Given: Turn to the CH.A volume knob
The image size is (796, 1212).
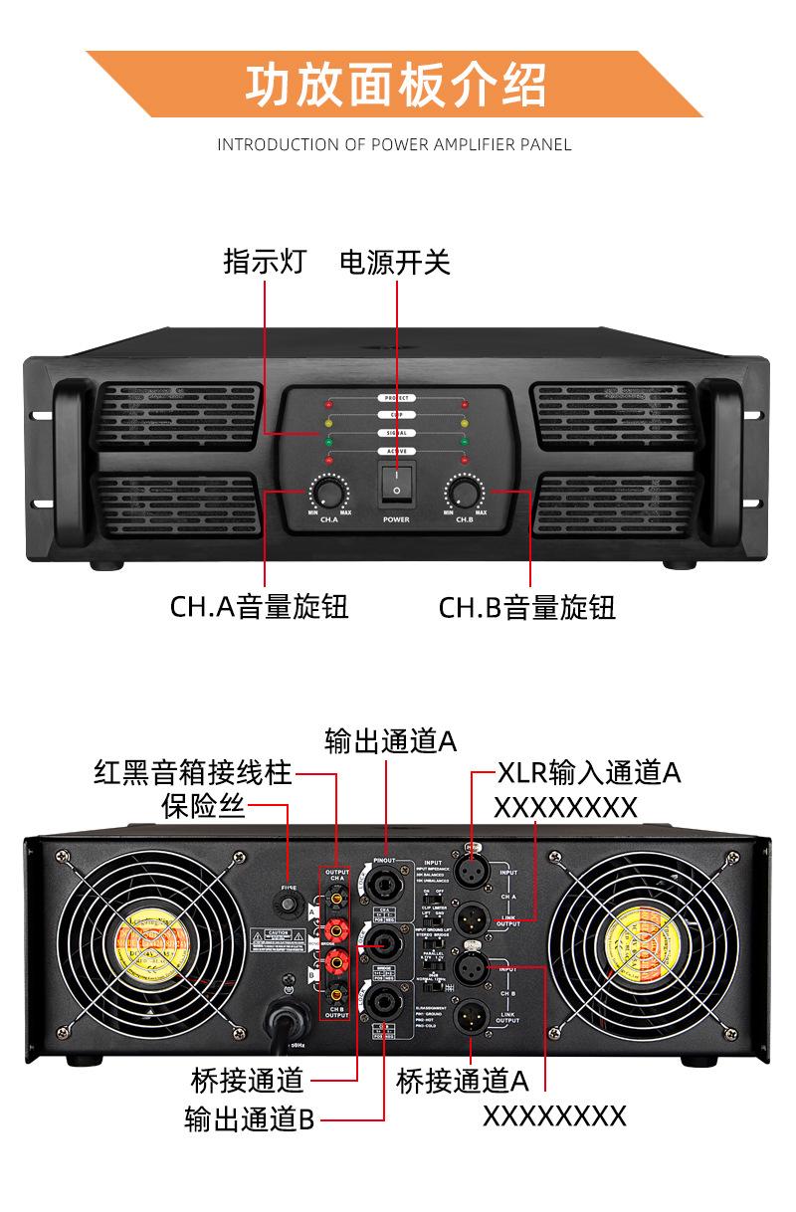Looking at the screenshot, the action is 325,491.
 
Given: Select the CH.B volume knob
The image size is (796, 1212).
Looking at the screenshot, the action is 463,491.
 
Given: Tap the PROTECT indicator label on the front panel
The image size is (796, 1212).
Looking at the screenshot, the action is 396,398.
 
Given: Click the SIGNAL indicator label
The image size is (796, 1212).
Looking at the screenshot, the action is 396,433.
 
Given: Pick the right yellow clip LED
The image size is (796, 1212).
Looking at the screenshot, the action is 465,423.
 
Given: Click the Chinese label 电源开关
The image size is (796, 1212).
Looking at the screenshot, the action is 395,263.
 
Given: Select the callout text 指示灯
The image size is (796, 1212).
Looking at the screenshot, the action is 264,263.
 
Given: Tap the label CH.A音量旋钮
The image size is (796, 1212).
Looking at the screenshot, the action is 260,607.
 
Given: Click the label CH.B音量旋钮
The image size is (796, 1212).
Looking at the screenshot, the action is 528,607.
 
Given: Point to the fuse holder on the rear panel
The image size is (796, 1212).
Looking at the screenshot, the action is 290,905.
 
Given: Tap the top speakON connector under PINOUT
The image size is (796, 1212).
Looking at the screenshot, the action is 384,885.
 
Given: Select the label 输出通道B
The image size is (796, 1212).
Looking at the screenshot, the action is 250,1118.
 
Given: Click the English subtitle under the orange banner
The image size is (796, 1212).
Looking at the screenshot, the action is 395,144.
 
